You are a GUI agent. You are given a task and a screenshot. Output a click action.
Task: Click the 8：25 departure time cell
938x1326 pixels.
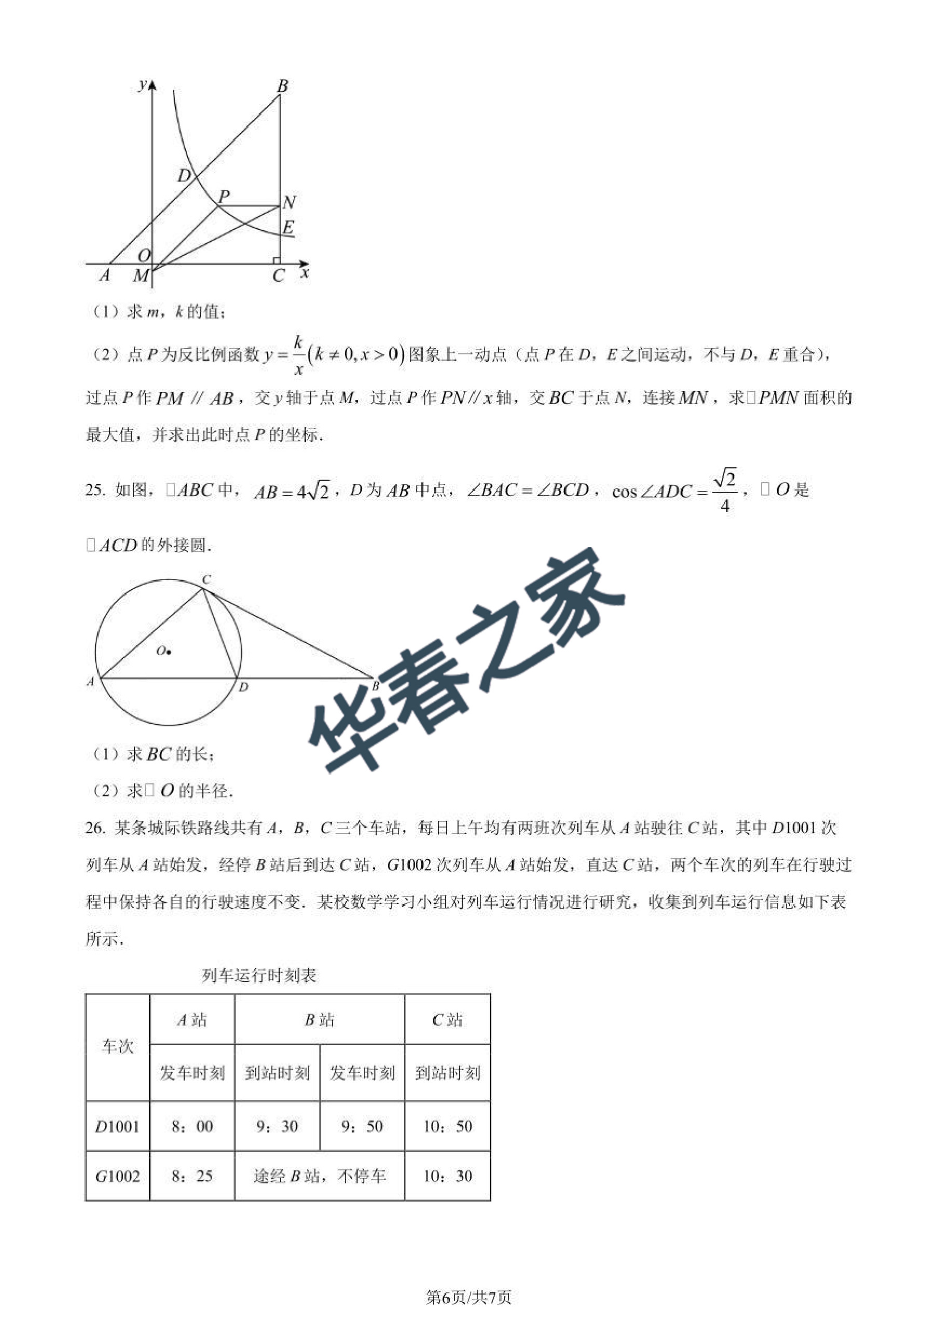[x=192, y=1177]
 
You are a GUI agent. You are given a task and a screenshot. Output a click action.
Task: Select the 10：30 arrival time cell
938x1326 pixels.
[x=448, y=1177]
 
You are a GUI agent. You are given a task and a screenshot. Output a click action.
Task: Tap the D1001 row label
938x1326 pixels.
[x=117, y=1126]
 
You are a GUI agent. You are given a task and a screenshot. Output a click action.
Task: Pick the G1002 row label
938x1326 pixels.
[x=117, y=1177]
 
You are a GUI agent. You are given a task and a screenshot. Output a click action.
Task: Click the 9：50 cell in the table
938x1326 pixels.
[x=362, y=1126]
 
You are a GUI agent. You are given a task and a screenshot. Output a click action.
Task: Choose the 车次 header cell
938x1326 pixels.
[x=117, y=1046]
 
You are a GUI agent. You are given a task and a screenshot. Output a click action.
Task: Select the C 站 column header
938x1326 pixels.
[x=448, y=1020]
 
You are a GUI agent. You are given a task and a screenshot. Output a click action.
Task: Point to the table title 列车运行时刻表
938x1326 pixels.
[x=259, y=975]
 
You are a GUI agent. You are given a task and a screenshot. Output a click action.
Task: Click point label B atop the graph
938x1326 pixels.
[x=282, y=86]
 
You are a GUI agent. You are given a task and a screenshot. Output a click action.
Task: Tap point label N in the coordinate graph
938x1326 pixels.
[x=290, y=202]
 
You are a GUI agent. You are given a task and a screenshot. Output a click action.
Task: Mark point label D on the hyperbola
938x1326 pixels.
[x=184, y=175]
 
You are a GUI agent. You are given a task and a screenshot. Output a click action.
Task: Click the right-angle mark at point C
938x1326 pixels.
[x=277, y=260]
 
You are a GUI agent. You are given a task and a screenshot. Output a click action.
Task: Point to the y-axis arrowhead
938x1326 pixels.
[x=153, y=86]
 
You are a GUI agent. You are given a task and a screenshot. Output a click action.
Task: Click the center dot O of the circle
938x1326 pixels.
[x=168, y=652]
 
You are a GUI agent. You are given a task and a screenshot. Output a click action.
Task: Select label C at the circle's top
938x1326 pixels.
[x=206, y=578]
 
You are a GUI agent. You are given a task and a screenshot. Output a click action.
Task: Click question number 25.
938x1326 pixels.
[x=95, y=490]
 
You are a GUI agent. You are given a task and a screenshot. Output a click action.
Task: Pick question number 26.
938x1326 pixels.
[x=95, y=828]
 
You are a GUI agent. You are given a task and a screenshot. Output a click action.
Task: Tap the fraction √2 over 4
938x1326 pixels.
[x=725, y=491]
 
